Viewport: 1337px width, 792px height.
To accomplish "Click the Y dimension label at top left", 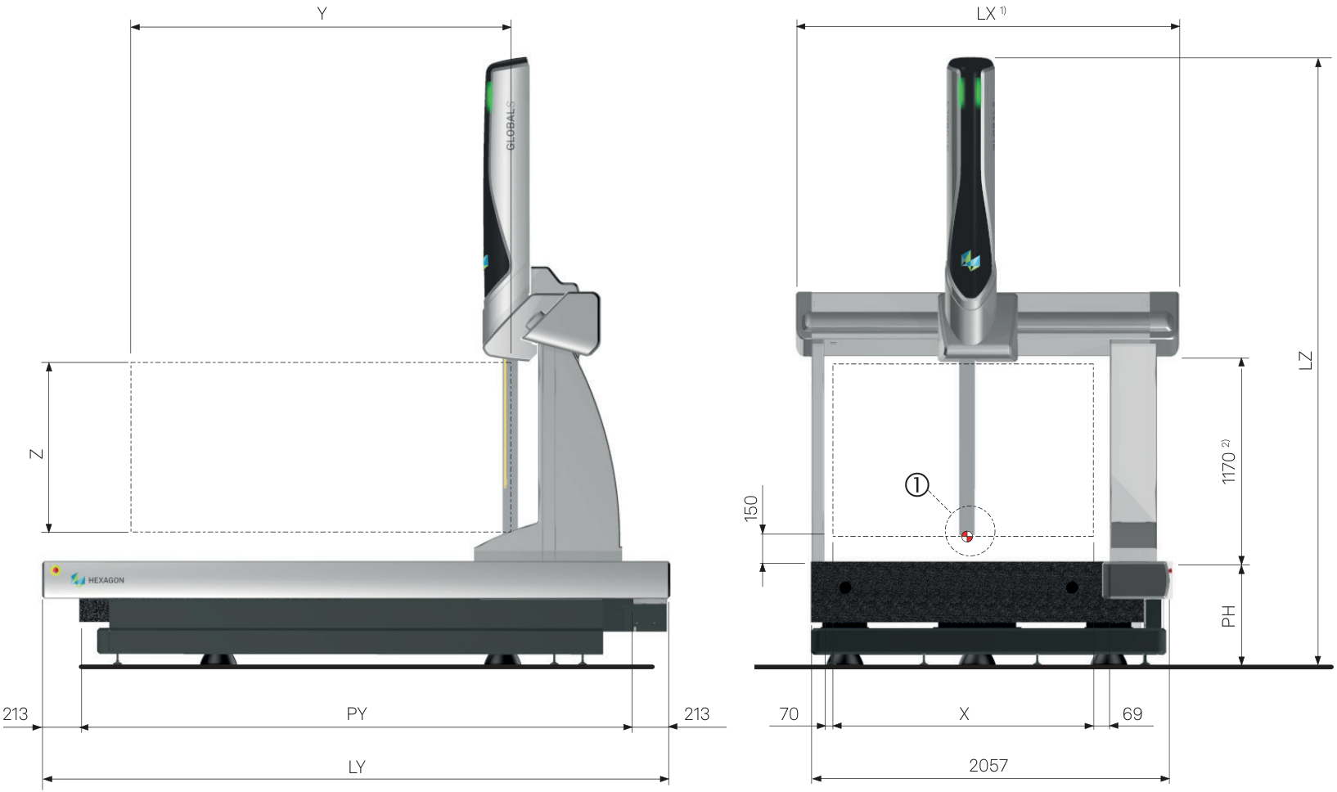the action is pos(322,13).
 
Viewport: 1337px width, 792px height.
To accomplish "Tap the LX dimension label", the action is pos(986,14).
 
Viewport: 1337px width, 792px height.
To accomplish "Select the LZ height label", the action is pos(1306,361).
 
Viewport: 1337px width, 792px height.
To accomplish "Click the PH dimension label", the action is pos(1228,617).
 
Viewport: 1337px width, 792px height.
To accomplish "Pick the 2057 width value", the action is pos(988,765).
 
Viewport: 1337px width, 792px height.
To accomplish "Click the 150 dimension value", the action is pos(751,509).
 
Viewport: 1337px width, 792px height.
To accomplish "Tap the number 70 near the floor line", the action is pos(789,713).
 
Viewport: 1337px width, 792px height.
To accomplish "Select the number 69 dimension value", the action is pos(1132,713).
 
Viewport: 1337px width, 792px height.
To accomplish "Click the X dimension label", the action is pos(964,713).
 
